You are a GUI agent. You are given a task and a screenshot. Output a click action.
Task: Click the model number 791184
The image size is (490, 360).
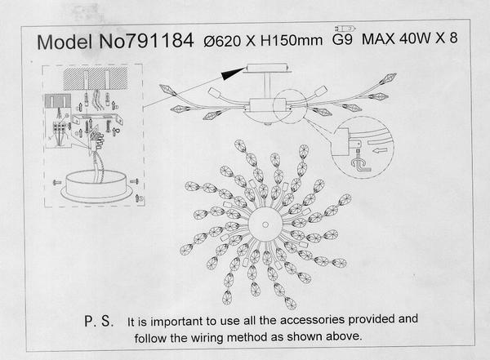pos(161,41)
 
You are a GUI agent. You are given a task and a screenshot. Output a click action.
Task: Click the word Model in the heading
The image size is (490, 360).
pos(65,42)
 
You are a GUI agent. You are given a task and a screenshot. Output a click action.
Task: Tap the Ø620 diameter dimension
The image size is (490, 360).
pos(222,41)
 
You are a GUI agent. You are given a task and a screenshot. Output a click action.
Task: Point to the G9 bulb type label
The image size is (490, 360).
pos(342,40)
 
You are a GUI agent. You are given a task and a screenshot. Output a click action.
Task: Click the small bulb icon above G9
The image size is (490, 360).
pos(345,29)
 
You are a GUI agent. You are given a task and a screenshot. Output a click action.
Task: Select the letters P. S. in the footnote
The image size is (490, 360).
pos(99,322)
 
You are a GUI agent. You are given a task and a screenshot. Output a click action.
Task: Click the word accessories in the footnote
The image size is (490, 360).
pos(313,320)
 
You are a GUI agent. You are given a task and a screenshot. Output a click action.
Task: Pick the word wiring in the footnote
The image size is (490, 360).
pos(207,337)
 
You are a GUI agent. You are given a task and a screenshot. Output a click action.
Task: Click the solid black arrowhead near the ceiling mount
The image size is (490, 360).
pos(233,73)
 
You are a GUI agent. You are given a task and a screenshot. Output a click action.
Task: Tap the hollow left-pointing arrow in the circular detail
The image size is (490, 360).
pos(380,151)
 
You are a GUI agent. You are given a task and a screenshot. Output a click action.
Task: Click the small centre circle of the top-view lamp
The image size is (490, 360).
pos(265,224)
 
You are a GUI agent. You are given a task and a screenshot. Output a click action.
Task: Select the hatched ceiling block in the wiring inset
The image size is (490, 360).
pos(96,78)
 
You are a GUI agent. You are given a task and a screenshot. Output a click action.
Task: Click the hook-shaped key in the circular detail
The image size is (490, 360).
pos(360,164)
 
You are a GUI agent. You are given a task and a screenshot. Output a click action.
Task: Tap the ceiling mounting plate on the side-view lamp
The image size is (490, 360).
pos(268,68)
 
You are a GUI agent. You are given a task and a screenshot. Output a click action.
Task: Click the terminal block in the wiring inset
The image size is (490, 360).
pos(60,127)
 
